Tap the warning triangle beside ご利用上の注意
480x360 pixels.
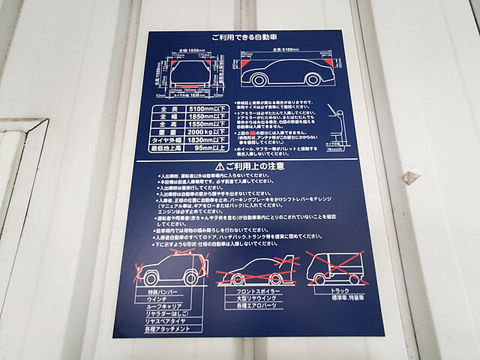[219, 165]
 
